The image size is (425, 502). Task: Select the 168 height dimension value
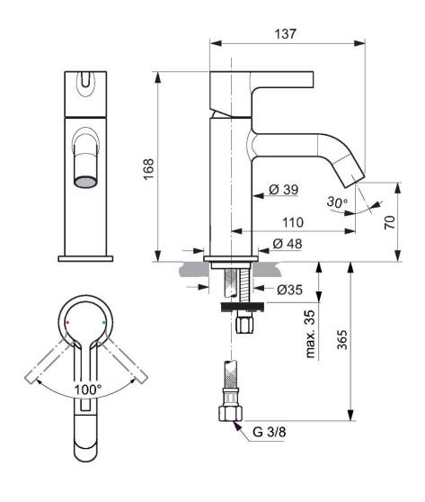pos(148,167)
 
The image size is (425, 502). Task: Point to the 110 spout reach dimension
pos(290,220)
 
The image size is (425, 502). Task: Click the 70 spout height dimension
pos(390,222)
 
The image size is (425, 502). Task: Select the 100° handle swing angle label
pos(87,389)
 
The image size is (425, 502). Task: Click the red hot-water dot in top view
pos(67,321)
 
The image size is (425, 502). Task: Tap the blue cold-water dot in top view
pos(105,321)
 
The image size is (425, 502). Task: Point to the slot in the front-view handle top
pos(85,85)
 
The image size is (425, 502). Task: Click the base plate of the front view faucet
pos(85,258)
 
